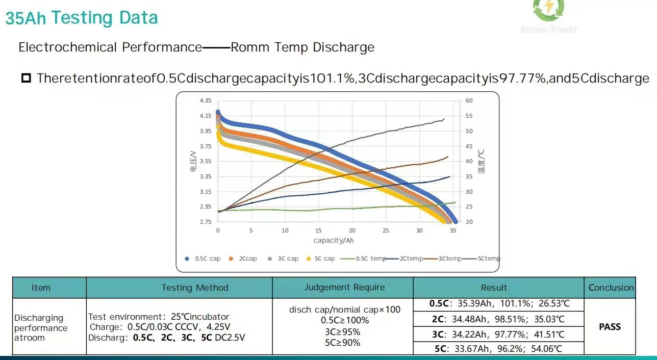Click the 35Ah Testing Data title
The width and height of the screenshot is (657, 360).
(x=82, y=18)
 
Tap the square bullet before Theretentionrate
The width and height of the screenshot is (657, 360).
(x=26, y=79)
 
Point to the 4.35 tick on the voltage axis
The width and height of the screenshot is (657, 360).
(x=205, y=101)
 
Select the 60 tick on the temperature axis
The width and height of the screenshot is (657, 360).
(x=469, y=101)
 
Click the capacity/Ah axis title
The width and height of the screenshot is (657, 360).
(x=333, y=240)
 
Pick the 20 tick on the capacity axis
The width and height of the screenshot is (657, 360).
(x=352, y=230)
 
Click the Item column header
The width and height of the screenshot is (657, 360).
(x=41, y=288)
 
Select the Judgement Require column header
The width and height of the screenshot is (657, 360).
(x=344, y=288)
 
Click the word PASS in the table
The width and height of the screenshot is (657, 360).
(x=610, y=326)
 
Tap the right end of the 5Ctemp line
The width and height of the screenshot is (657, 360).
(x=444, y=119)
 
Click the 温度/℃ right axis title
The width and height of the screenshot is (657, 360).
(x=481, y=161)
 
